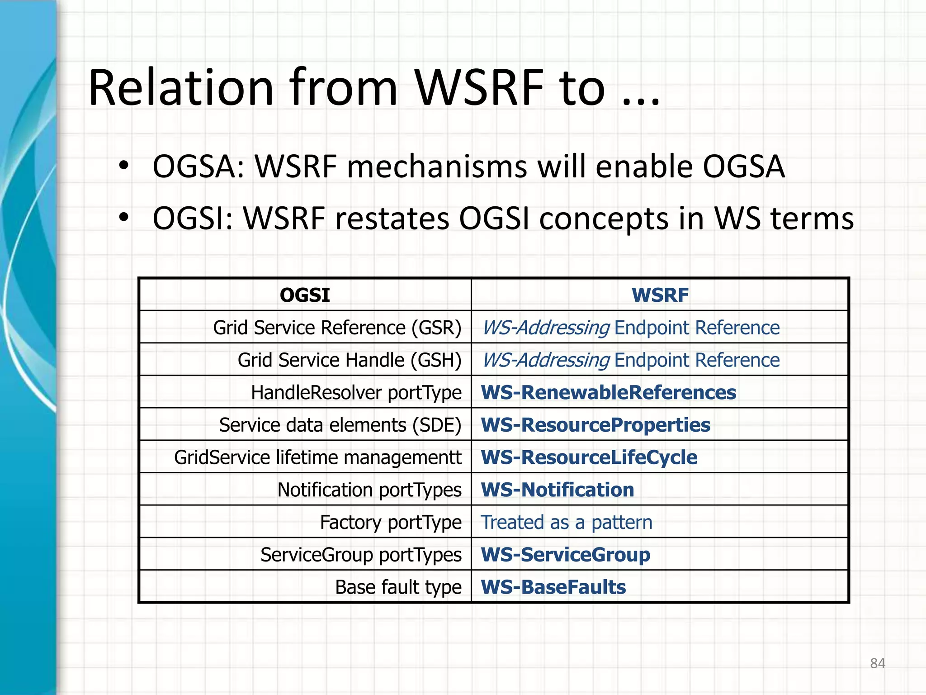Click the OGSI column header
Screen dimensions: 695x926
305,295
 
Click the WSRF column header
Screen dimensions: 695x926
660,295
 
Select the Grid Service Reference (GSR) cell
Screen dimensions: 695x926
337,328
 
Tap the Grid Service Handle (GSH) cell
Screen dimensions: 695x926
349,360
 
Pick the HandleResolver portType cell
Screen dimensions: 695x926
356,393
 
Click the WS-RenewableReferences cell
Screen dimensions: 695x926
608,393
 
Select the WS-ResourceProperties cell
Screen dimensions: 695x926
595,425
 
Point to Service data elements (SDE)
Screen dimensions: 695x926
340,425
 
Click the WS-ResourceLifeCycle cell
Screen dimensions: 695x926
589,457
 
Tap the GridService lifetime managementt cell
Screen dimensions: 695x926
317,457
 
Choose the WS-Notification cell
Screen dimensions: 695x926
557,490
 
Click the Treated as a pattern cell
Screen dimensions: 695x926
566,523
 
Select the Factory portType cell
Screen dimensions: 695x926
391,523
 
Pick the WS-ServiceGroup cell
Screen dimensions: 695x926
565,555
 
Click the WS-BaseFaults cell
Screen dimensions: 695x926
553,587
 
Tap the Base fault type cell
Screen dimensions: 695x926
398,587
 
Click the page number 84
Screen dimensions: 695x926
877,663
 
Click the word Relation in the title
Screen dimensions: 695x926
181,88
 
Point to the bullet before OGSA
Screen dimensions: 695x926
123,166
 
